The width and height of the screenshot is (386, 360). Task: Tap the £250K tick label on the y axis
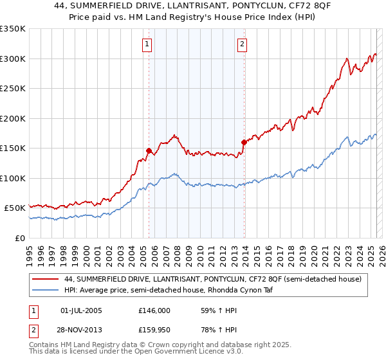(13, 88)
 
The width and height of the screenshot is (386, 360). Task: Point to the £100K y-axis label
(13, 178)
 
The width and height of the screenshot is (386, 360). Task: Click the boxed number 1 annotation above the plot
(148, 44)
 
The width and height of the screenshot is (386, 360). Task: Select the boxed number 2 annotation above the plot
(242, 44)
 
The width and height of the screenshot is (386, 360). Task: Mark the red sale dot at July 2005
(149, 150)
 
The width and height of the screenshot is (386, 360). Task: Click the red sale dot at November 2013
(244, 142)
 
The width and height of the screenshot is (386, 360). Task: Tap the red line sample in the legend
(46, 279)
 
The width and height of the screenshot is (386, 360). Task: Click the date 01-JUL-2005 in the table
(80, 310)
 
